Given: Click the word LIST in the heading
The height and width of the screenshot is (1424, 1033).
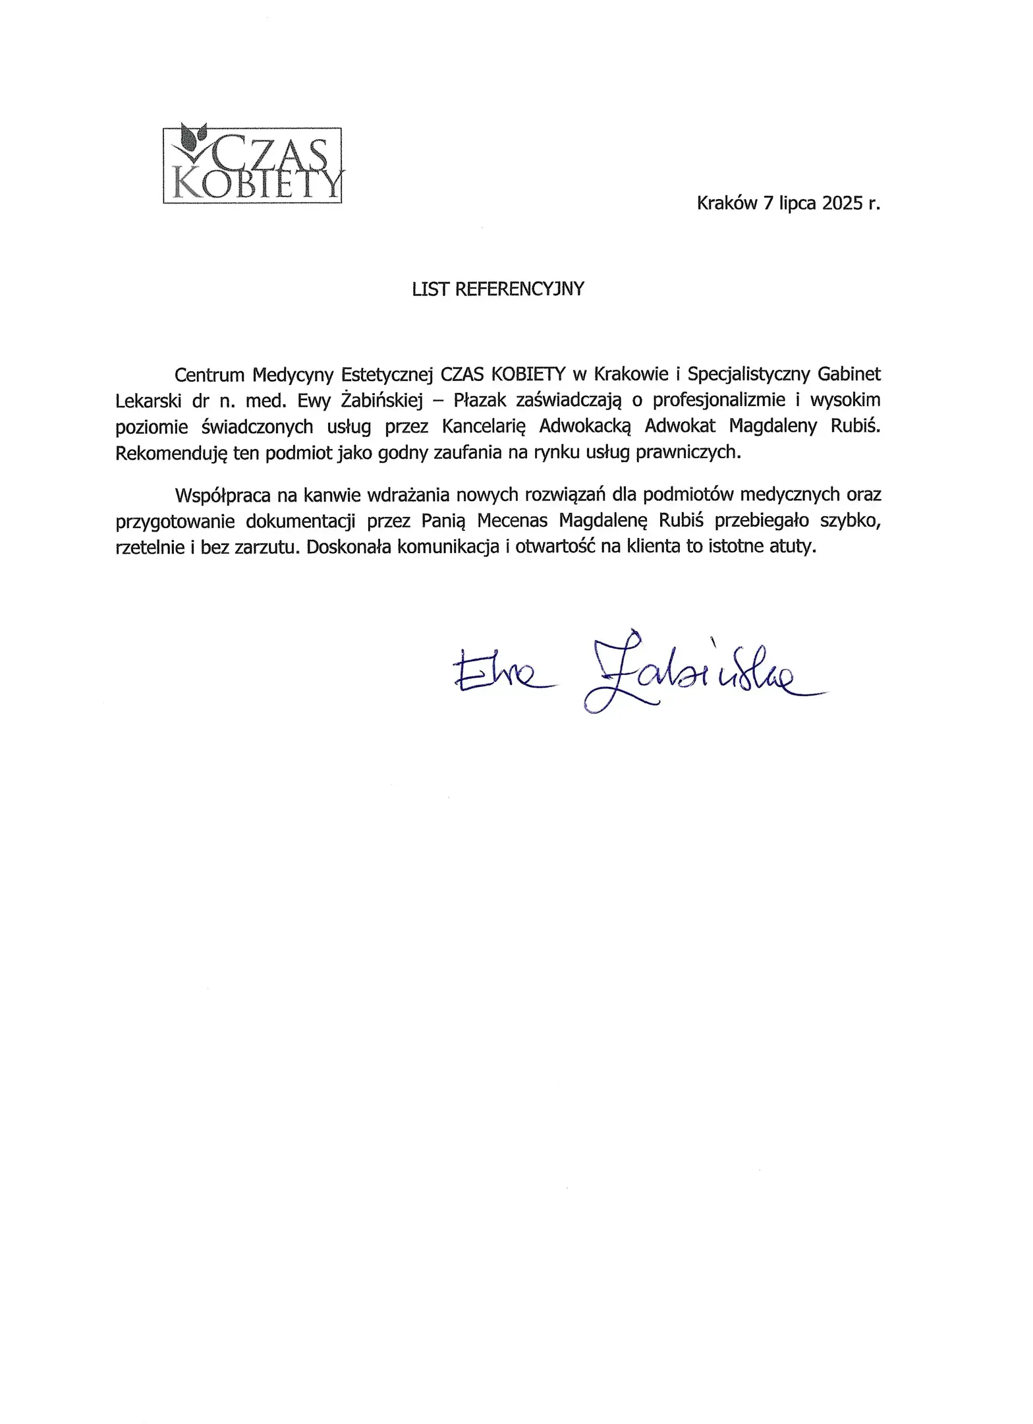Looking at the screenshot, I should pyautogui.click(x=430, y=289).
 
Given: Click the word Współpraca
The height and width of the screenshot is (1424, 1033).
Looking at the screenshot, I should pyautogui.click(x=223, y=494).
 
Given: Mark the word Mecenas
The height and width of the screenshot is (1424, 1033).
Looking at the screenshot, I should pyautogui.click(x=512, y=521).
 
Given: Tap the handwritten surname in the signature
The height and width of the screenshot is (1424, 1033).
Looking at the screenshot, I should pyautogui.click(x=698, y=679).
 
